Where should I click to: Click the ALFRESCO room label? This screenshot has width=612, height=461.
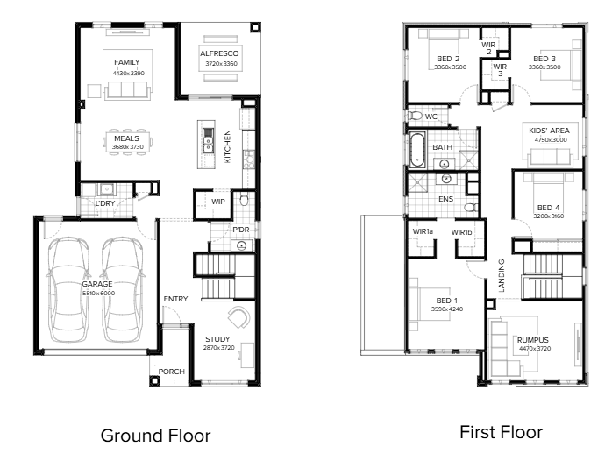pos(219,53)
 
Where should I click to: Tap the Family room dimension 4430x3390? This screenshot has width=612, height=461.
pos(128,73)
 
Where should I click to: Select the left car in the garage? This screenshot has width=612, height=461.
pos(68,290)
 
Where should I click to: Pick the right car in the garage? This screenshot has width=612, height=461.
pos(123,290)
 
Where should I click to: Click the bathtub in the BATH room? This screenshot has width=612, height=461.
pos(416,150)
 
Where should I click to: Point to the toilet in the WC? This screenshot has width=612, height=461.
pos(414,116)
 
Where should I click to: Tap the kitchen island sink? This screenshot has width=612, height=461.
pos(208,141)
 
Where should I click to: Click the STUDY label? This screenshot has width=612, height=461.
pos(217,339)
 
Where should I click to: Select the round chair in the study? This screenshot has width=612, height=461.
pos(238,318)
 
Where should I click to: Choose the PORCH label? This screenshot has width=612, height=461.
pos(171,372)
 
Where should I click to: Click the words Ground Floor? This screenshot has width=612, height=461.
pos(155,436)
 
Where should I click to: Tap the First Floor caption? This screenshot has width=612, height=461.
pos(502,432)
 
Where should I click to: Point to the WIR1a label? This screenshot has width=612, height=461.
pos(423,231)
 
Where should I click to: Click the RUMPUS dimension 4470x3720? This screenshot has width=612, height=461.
pos(535,349)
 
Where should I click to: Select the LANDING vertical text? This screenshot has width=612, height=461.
pos(502,275)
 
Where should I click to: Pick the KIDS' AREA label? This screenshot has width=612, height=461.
pos(549,131)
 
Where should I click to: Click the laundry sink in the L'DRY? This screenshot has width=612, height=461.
pos(106,189)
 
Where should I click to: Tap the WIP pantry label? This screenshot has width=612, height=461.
pos(218,202)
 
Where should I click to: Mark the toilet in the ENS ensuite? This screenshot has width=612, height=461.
pos(471,207)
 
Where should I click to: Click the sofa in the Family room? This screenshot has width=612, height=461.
pos(127,89)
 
